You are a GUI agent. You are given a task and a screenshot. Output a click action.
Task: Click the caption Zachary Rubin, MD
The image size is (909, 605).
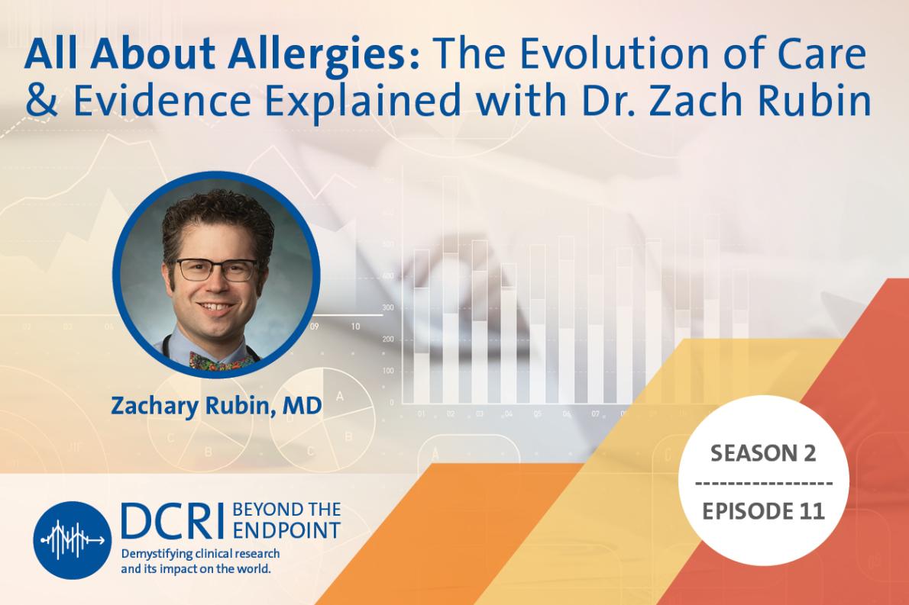[x=216, y=406]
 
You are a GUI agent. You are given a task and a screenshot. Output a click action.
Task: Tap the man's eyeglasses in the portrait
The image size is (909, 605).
[x=216, y=269]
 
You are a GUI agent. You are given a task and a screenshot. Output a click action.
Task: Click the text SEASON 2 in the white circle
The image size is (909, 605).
[x=763, y=454]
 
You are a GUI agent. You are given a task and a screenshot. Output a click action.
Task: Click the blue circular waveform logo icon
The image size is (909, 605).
[x=73, y=540]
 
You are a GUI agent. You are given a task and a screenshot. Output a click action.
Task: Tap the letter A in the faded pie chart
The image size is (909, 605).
[x=339, y=397]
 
